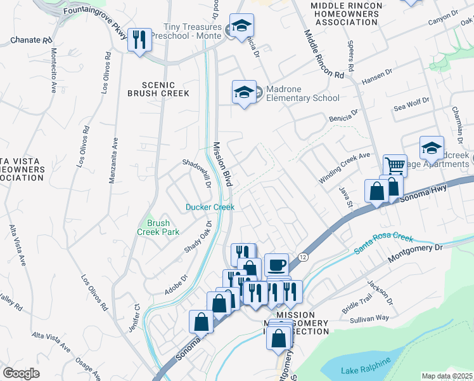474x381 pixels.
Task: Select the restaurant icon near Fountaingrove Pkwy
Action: point(139,41)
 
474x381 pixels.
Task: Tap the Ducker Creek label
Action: point(210,207)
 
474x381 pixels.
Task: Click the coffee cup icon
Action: point(276,264)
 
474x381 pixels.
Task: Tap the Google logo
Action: point(21,373)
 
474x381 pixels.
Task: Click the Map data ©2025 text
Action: point(447,376)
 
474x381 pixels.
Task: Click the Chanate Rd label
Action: point(30,40)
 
